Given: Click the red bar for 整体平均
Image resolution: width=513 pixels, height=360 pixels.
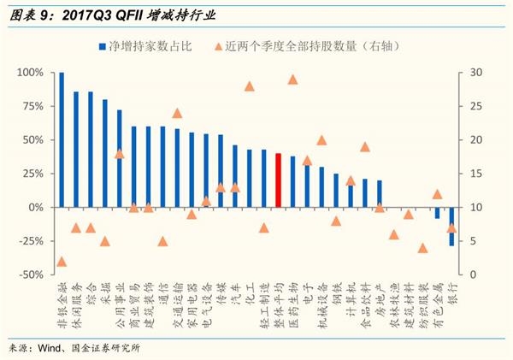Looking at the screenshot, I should click(x=278, y=180).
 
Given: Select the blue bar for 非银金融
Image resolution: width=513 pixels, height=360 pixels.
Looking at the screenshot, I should click(x=62, y=140).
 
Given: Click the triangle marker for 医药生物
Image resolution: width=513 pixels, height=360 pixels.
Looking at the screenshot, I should click(x=292, y=80).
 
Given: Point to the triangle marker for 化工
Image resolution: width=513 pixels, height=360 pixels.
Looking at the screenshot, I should click(x=250, y=86).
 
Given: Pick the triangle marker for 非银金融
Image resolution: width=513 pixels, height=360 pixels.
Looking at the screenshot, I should click(x=62, y=262).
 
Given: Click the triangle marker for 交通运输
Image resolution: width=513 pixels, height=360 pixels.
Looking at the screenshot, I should click(x=177, y=113).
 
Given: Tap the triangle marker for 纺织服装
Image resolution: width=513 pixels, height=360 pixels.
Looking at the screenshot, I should click(x=422, y=248).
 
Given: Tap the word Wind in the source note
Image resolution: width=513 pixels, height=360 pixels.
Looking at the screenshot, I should click(x=54, y=348).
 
